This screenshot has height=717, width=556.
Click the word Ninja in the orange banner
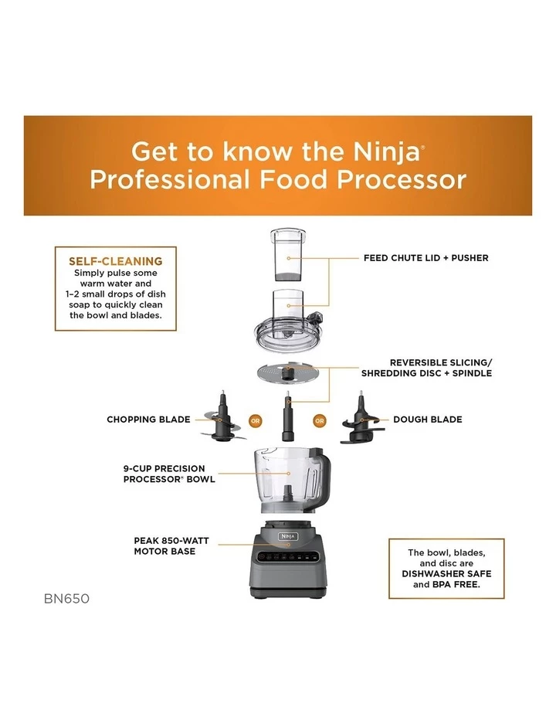tap(381, 150)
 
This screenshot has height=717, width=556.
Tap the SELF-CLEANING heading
tap(115, 261)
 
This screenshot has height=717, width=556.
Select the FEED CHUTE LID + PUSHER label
tap(425, 257)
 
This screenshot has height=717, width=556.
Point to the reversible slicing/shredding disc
tap(286, 373)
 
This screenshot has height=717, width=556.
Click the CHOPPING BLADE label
tap(148, 420)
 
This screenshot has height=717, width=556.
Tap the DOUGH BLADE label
tap(427, 420)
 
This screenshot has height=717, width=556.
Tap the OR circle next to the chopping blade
tap(255, 421)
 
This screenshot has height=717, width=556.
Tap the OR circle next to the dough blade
tap(319, 421)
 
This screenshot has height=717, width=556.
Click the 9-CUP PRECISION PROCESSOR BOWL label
tap(169, 474)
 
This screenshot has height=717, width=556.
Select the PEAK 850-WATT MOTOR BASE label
tap(164, 546)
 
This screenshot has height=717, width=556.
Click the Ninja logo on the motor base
tap(286, 536)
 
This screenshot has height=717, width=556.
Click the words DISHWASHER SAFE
tap(446, 574)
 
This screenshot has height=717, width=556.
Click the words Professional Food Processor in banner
tap(277, 180)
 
